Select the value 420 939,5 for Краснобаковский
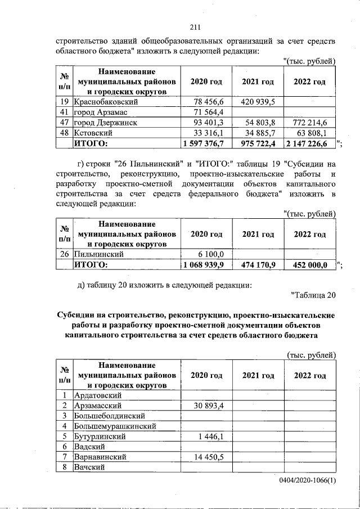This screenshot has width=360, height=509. tap(258, 102)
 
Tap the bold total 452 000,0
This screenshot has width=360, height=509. tap(308, 265)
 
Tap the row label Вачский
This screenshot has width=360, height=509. tap(90, 467)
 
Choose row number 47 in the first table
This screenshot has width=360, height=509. tap(65, 122)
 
